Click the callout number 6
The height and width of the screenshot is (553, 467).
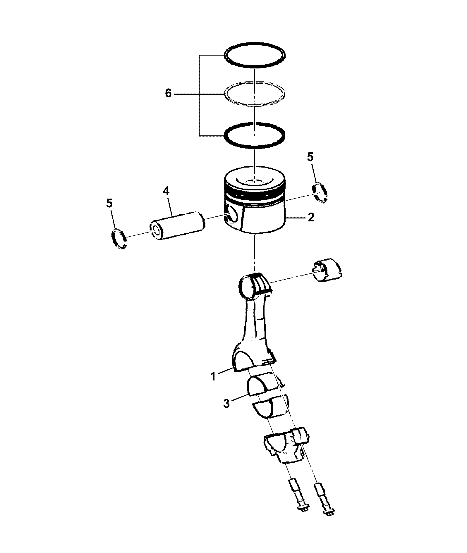tap(168, 94)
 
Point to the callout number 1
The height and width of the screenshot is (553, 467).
tap(213, 376)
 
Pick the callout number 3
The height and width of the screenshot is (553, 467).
tap(227, 404)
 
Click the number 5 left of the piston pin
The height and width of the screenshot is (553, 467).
tap(109, 204)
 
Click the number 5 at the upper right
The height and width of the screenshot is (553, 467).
tap(310, 157)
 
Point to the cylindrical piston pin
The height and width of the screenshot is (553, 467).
tap(177, 225)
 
